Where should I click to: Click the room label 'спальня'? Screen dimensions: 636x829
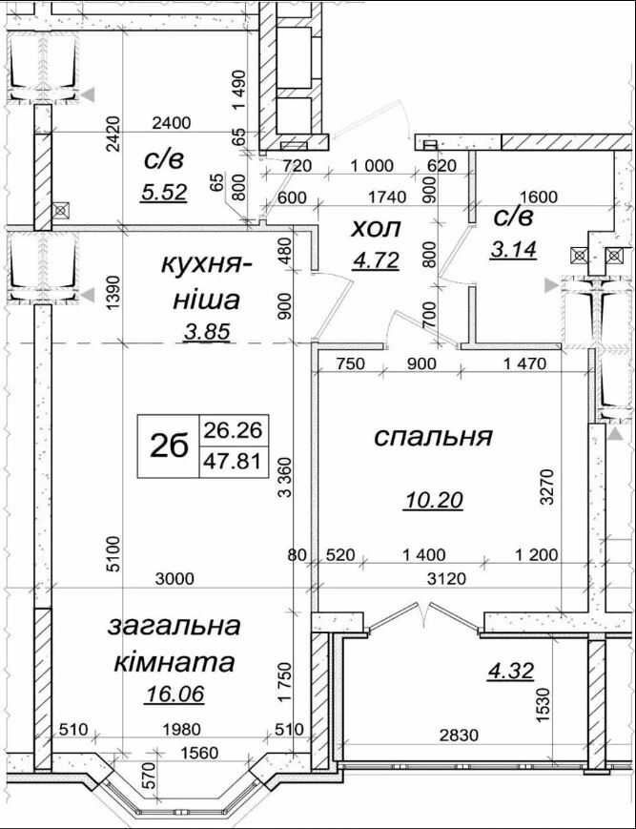click(x=433, y=438)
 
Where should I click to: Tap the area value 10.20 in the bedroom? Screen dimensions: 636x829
click(x=432, y=499)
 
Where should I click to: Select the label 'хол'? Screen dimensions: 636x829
click(x=376, y=229)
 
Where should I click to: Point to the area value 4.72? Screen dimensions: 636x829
click(x=376, y=260)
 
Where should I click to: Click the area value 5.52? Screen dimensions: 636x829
click(x=164, y=193)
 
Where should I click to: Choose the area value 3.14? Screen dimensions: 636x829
click(x=513, y=249)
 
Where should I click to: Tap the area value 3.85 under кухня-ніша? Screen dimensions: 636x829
click(x=207, y=332)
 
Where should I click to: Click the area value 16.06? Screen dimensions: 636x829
click(x=174, y=694)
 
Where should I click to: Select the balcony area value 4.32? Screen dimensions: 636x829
click(x=511, y=671)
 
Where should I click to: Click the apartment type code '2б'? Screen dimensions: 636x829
click(x=169, y=446)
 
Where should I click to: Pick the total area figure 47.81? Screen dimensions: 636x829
click(x=233, y=462)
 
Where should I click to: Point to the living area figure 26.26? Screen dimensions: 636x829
click(x=233, y=430)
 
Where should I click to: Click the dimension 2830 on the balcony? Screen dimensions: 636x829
click(x=459, y=735)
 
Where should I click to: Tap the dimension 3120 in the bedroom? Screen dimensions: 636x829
click(x=446, y=579)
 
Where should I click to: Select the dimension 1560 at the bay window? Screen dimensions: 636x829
click(x=198, y=752)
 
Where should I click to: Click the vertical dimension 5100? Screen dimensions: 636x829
click(x=113, y=553)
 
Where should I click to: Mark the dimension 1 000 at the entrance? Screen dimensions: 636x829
click(x=372, y=166)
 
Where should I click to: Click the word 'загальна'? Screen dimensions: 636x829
click(x=174, y=627)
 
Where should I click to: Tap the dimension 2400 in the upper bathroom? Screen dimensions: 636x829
click(x=171, y=123)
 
